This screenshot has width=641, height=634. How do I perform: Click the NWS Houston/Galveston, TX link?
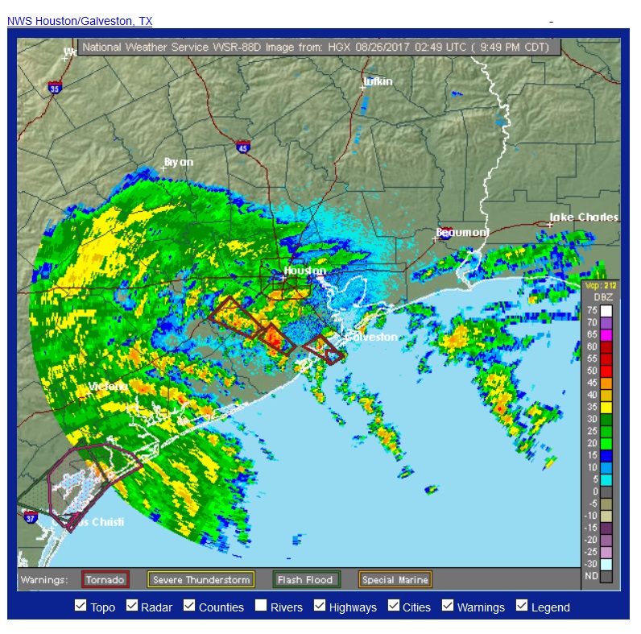click(x=79, y=21)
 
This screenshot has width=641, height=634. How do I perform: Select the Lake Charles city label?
click(x=584, y=217)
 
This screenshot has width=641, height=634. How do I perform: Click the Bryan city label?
click(x=179, y=162)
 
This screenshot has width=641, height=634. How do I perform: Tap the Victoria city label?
click(x=108, y=387)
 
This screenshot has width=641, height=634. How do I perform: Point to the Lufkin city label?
click(x=378, y=81)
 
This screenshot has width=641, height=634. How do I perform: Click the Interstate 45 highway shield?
click(x=243, y=147)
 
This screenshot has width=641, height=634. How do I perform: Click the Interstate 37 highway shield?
click(x=30, y=519)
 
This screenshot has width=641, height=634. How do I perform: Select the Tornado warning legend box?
click(x=105, y=579)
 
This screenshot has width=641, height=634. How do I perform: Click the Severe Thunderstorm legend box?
click(x=201, y=579)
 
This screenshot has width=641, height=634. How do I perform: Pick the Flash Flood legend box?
click(x=306, y=579)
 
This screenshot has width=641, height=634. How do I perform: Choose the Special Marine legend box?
click(x=395, y=579)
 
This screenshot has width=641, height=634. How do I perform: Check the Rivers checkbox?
click(x=261, y=606)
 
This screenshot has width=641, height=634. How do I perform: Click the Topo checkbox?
click(x=81, y=606)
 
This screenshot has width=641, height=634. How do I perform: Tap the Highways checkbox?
click(x=320, y=606)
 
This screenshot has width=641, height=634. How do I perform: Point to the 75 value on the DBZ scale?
click(x=592, y=310)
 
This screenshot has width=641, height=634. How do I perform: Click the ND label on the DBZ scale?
click(x=592, y=576)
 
